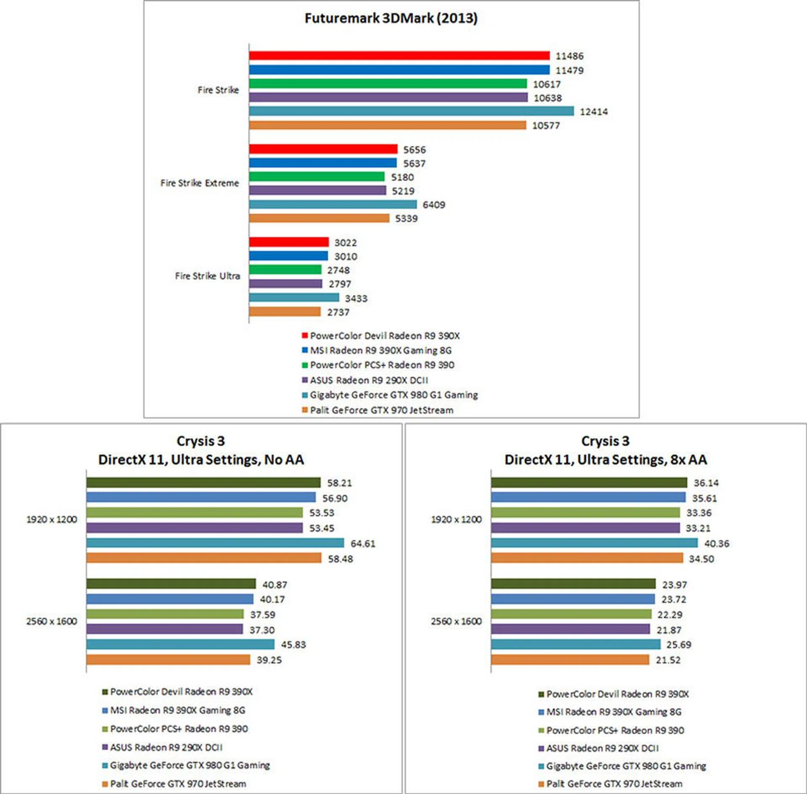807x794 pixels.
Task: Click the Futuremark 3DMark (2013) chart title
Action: pyautogui.click(x=391, y=18)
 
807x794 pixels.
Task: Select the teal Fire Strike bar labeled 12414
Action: pyautogui.click(x=411, y=111)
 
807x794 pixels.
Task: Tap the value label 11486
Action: pyautogui.click(x=570, y=56)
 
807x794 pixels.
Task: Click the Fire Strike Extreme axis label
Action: pyautogui.click(x=200, y=183)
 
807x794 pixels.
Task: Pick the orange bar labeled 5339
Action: pyautogui.click(x=319, y=218)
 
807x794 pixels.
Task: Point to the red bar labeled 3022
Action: pyautogui.click(x=289, y=242)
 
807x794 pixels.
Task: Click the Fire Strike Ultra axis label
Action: pyautogui.click(x=208, y=276)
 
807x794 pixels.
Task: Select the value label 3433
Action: pyautogui.click(x=356, y=299)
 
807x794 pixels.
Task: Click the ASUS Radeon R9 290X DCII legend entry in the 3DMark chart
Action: pyautogui.click(x=369, y=380)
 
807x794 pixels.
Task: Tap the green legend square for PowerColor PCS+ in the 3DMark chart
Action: pyautogui.click(x=305, y=365)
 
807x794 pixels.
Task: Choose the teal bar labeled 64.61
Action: pyautogui.click(x=215, y=543)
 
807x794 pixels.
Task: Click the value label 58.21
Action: pyautogui.click(x=340, y=483)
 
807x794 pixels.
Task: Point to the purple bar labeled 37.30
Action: pyautogui.click(x=165, y=629)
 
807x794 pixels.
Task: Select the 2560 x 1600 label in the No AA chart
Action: pyautogui.click(x=52, y=621)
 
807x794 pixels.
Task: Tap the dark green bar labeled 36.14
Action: pyautogui.click(x=589, y=483)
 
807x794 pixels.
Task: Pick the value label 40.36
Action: pyautogui.click(x=717, y=544)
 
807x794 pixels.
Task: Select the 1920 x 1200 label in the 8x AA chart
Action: pyautogui.click(x=456, y=519)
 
